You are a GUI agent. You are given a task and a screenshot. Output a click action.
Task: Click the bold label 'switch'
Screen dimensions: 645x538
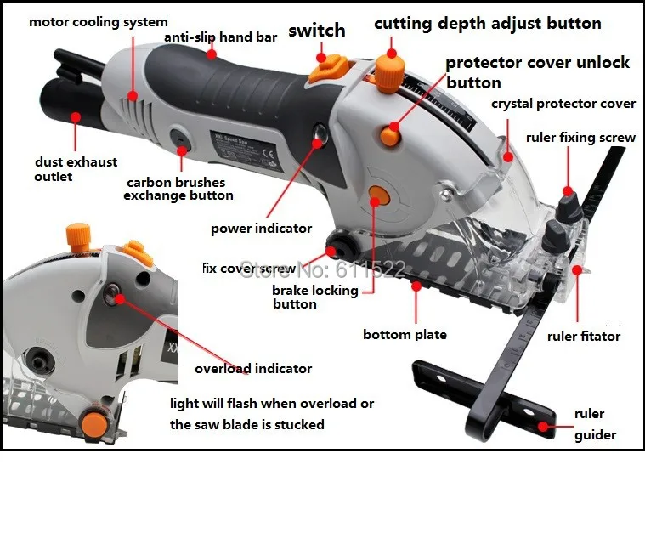pyautogui.click(x=316, y=31)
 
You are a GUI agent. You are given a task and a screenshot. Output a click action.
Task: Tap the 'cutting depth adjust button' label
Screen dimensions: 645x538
pyautogui.click(x=487, y=24)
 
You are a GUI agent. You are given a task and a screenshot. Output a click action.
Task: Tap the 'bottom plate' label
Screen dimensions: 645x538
pyautogui.click(x=405, y=334)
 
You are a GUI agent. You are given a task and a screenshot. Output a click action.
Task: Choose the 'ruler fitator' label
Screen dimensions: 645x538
pyautogui.click(x=584, y=337)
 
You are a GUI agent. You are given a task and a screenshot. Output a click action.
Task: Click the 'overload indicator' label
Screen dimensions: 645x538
pyautogui.click(x=253, y=369)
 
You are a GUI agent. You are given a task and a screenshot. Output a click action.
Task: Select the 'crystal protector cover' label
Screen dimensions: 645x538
pyautogui.click(x=563, y=104)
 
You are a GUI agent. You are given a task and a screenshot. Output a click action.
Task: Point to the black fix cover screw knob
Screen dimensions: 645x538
pyautogui.click(x=344, y=249)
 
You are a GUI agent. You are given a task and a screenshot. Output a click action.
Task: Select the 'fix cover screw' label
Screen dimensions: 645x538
pyautogui.click(x=248, y=269)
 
